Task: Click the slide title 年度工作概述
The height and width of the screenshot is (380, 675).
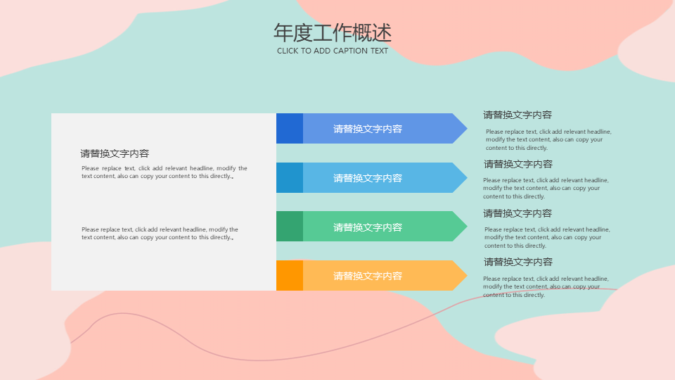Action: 333,33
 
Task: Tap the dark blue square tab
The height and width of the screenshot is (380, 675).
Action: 290,128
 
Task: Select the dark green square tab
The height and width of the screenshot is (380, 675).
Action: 290,226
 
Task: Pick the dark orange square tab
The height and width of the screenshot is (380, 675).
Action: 290,275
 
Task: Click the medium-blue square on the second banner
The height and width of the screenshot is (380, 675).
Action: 290,177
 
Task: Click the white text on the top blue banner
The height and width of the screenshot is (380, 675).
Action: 368,129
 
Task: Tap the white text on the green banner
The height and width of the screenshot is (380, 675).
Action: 368,227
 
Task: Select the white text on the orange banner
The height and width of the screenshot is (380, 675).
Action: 368,276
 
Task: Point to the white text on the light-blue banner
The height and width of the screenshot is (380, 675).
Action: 368,178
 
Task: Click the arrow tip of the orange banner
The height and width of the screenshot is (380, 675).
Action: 467,275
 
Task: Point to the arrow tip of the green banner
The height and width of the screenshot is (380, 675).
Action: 467,226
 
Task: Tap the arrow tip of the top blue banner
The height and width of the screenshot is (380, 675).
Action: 467,128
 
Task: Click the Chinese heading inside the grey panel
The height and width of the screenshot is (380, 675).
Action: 115,153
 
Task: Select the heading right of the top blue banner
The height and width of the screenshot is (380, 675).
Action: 517,115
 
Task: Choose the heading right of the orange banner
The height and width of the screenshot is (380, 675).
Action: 518,262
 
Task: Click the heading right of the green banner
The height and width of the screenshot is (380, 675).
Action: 517,213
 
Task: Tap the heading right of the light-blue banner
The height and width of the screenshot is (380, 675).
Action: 518,164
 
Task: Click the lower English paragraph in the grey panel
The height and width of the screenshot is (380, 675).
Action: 160,233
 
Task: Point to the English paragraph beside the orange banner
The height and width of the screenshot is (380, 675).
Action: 546,286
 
